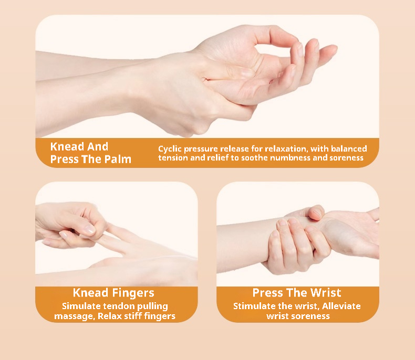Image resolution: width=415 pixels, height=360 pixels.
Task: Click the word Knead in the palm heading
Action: (67, 147)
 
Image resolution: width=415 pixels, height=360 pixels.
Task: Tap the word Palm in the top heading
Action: (118, 160)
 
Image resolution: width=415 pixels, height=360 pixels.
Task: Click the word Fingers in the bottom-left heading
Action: (133, 293)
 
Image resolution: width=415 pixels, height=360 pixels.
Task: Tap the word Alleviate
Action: (341, 306)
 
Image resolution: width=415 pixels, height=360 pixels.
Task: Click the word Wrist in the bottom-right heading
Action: (326, 293)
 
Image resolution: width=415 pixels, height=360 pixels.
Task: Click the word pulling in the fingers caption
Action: (152, 306)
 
